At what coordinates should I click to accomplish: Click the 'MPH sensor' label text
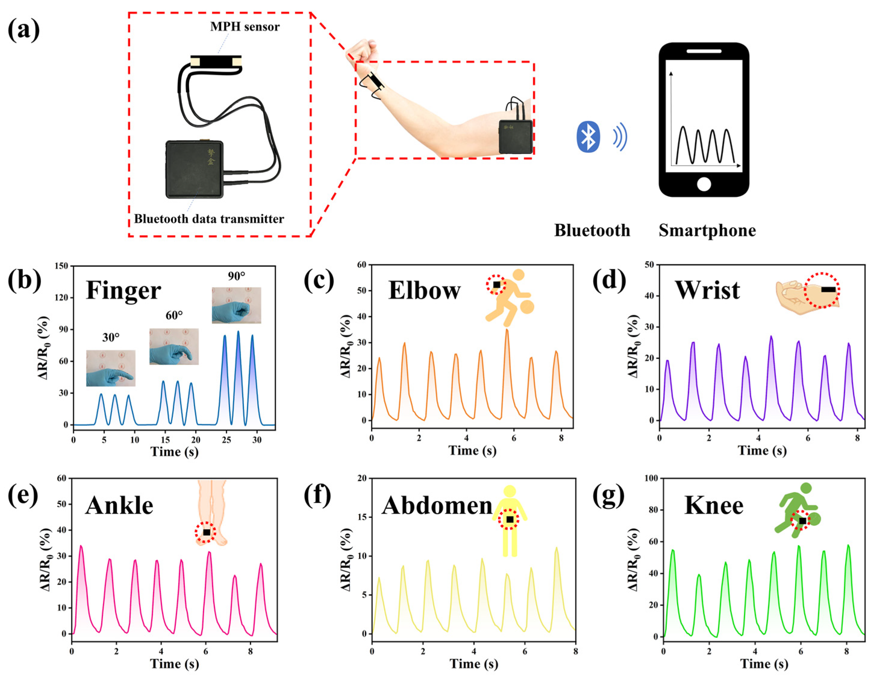point(245,27)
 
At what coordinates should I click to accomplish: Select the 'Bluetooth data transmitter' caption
point(209,219)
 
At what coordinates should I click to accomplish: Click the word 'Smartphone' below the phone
point(707,231)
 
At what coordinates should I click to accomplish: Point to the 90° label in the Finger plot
point(236,276)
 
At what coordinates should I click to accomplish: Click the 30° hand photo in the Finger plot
point(111,368)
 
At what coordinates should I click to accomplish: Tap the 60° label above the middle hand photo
point(174,315)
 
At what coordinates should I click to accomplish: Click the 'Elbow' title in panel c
point(424,290)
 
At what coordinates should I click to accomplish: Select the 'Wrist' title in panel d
point(707,290)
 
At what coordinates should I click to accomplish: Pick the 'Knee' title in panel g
point(714,506)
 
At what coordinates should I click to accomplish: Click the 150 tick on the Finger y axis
point(63,266)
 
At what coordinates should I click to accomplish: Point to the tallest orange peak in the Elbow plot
point(507,330)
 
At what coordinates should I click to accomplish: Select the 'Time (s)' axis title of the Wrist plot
point(762,450)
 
